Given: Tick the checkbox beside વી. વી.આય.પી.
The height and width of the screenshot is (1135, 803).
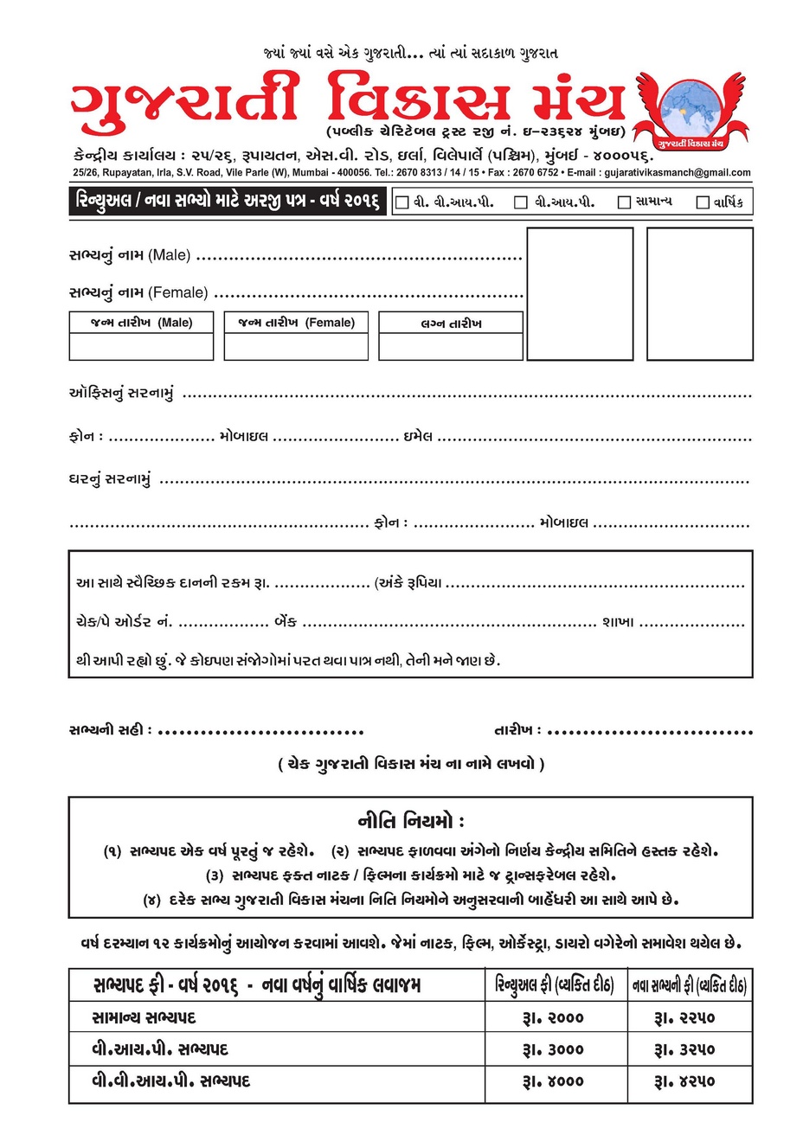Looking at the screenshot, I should click(401, 202).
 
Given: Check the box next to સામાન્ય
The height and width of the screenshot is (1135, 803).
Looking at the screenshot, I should click(624, 202).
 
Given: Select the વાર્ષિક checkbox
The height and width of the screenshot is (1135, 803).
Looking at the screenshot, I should click(703, 202).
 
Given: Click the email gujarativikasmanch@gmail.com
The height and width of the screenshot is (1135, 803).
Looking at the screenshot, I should click(678, 173).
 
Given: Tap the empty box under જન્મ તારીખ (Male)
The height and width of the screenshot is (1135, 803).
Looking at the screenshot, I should click(141, 347).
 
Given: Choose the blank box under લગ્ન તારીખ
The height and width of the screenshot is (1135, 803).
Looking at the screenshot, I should click(451, 347).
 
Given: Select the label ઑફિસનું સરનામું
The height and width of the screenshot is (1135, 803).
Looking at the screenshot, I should click(121, 394).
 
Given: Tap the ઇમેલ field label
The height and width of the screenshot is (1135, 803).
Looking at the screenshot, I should click(417, 436).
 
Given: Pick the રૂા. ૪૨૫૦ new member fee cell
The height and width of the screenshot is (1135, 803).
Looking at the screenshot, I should click(689, 1080).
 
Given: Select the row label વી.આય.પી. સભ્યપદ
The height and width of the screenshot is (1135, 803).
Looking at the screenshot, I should click(160, 1049).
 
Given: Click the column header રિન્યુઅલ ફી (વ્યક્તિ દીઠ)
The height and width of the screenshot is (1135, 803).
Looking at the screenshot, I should click(554, 985).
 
